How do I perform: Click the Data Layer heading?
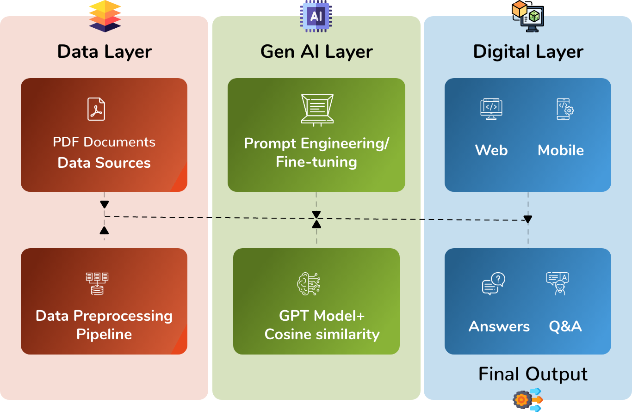(105, 52)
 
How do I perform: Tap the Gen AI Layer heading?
(316, 52)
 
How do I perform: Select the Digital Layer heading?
(528, 52)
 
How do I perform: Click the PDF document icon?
(96, 109)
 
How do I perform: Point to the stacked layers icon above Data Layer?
(105, 16)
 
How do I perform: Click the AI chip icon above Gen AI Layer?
(316, 17)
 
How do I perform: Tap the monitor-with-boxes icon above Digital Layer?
(528, 17)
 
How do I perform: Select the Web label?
(491, 150)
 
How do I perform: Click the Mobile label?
(561, 150)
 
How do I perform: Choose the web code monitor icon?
(491, 109)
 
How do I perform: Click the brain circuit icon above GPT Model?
(309, 283)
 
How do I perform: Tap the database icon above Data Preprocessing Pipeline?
(97, 283)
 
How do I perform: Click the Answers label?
(499, 326)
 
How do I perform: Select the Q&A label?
(565, 326)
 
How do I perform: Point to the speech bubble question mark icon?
(493, 283)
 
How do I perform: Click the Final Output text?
(533, 374)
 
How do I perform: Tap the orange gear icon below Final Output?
(522, 399)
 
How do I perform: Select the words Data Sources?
(104, 163)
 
